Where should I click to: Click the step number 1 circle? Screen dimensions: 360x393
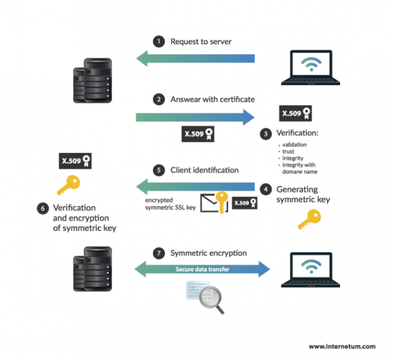point(159,42)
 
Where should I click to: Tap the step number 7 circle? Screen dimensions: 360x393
point(159,253)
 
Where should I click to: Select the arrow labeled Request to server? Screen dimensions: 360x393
point(195,59)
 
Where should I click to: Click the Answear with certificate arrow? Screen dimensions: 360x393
point(195,116)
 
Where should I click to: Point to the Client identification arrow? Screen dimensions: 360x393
point(195,186)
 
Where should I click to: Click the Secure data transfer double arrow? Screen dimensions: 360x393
point(202,269)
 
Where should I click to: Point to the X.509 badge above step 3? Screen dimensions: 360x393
point(296,113)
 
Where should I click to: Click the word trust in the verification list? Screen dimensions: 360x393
point(288,152)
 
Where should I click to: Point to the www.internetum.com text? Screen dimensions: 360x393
point(342,346)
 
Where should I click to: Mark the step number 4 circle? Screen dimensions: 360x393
point(267,189)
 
